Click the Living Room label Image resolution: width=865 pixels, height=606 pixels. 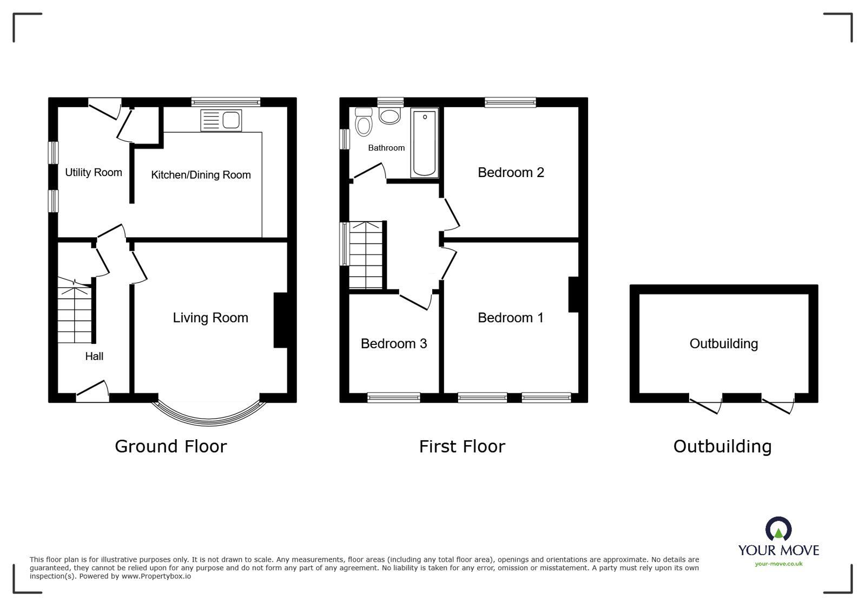tap(210, 318)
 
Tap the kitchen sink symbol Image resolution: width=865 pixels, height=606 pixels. tap(221, 120)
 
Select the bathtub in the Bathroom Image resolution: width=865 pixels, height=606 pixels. tap(425, 142)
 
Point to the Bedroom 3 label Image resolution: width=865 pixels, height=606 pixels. tap(393, 344)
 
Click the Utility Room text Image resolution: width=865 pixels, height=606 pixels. tap(94, 173)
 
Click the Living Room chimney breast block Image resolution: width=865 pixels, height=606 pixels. tap(280, 320)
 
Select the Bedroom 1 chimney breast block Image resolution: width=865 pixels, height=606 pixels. tap(573, 295)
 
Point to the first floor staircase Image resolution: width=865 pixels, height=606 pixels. tap(366, 255)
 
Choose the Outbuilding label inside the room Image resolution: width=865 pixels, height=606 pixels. tap(723, 344)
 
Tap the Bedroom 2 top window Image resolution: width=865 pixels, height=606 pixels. tap(510, 102)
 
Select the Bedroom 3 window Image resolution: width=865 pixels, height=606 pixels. tap(393, 398)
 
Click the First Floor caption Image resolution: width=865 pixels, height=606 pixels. tap(462, 446)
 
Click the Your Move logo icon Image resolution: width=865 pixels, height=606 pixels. tap(778, 529)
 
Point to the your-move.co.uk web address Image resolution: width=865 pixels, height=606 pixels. tap(778, 564)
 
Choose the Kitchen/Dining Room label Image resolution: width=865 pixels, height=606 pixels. tap(201, 175)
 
